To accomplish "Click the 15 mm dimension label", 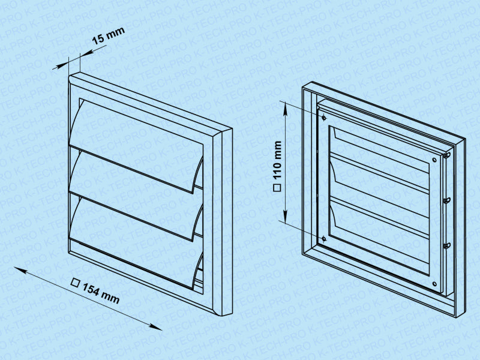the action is (108, 35).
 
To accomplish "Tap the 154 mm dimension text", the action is (101, 294).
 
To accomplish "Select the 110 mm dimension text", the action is (277, 160).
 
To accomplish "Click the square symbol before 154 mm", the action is (76, 283).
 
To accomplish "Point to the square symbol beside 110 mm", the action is (277, 188).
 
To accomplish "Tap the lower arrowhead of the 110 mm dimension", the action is (286, 217).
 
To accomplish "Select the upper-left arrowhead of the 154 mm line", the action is (20, 269).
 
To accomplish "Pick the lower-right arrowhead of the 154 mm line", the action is (155, 326).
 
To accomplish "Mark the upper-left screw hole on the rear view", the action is (324, 118).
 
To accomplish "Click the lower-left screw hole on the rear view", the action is (324, 238).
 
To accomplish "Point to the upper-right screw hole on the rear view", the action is (434, 160).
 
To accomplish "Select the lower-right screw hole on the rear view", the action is (434, 284).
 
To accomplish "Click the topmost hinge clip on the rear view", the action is (447, 155).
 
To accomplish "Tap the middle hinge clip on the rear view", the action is (447, 200).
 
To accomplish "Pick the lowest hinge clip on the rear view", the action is (447, 245).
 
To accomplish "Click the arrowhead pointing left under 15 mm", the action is (87, 53).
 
